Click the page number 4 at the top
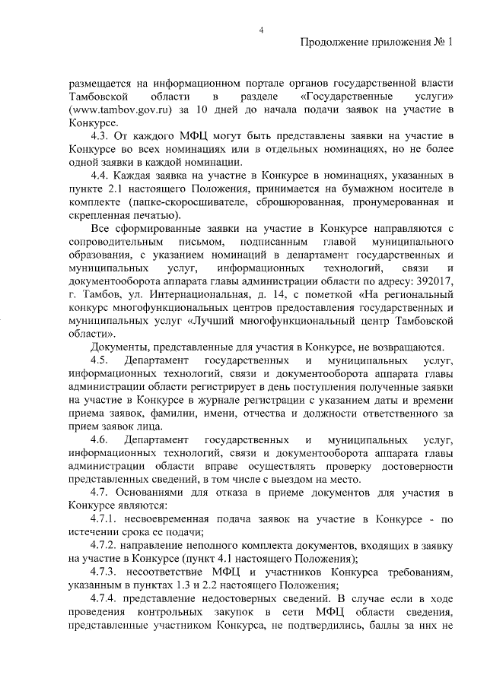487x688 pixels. click(x=261, y=30)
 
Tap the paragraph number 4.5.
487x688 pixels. click(x=101, y=360)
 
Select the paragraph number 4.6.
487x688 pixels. click(x=101, y=441)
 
